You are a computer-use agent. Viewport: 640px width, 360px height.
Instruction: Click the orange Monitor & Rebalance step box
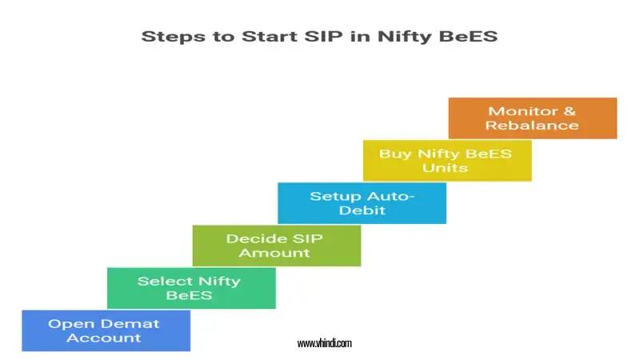pyautogui.click(x=532, y=118)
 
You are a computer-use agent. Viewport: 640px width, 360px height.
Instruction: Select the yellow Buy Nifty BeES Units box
pyautogui.click(x=446, y=160)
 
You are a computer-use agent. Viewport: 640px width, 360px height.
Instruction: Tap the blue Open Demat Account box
pyautogui.click(x=106, y=330)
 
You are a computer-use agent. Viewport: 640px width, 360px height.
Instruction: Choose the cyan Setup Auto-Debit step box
pyautogui.click(x=362, y=203)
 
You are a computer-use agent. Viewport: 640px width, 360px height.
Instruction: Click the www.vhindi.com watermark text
pyautogui.click(x=324, y=343)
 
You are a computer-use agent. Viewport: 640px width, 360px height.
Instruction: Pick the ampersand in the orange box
pyautogui.click(x=568, y=111)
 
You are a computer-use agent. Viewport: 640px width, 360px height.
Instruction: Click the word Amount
pyautogui.click(x=277, y=253)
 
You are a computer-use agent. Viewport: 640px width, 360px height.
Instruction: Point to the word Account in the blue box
pyautogui.click(x=104, y=338)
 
